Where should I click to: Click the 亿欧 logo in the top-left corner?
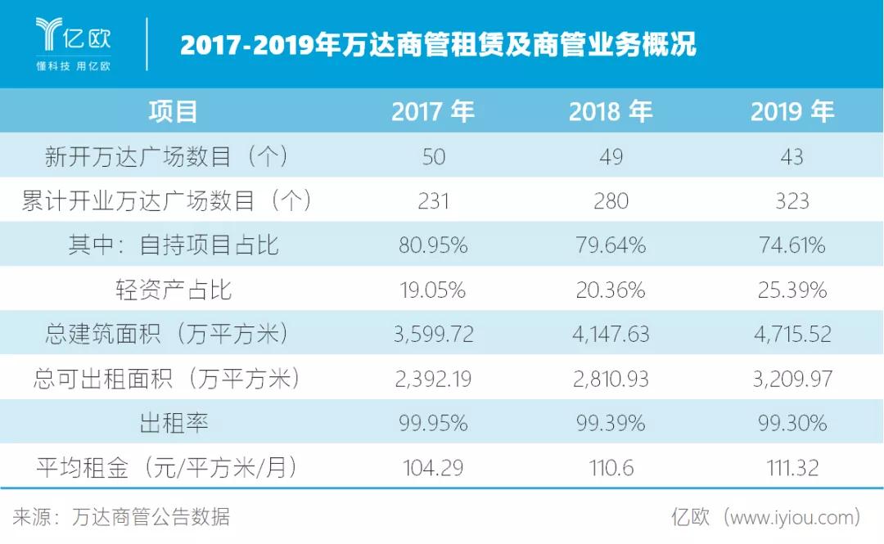pyautogui.click(x=73, y=34)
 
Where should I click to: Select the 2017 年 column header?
pyautogui.click(x=433, y=111)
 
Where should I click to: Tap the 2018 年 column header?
pyautogui.click(x=611, y=111)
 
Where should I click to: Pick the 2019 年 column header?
pyautogui.click(x=792, y=111)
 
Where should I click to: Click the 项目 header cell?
pyautogui.click(x=174, y=111)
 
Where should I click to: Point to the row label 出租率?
pyautogui.click(x=174, y=423)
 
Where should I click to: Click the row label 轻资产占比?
pyautogui.click(x=174, y=290)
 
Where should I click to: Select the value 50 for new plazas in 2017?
pyautogui.click(x=433, y=156)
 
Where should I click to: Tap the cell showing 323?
pyautogui.click(x=792, y=200)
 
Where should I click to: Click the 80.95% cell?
pyautogui.click(x=433, y=245)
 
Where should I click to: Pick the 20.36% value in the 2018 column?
pyautogui.click(x=611, y=290)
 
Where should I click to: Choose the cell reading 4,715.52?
pyautogui.click(x=792, y=334)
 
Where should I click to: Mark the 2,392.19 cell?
pyautogui.click(x=433, y=379)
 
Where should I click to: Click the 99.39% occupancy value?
pyautogui.click(x=611, y=423)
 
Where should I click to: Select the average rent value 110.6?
pyautogui.click(x=611, y=468)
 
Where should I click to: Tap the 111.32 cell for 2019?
pyautogui.click(x=792, y=468)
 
